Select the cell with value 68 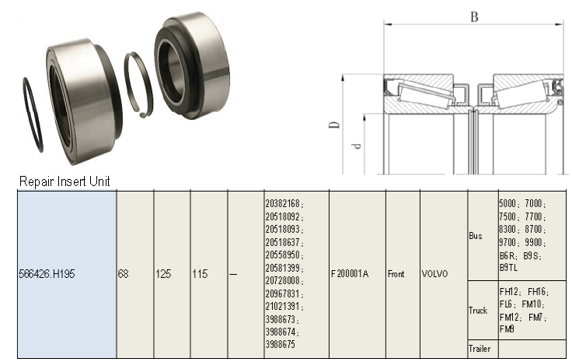pyautogui.click(x=124, y=274)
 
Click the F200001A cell pyautogui.click(x=350, y=274)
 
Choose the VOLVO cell pyautogui.click(x=435, y=274)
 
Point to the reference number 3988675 pyautogui.click(x=281, y=343)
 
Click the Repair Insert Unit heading pyautogui.click(x=65, y=181)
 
